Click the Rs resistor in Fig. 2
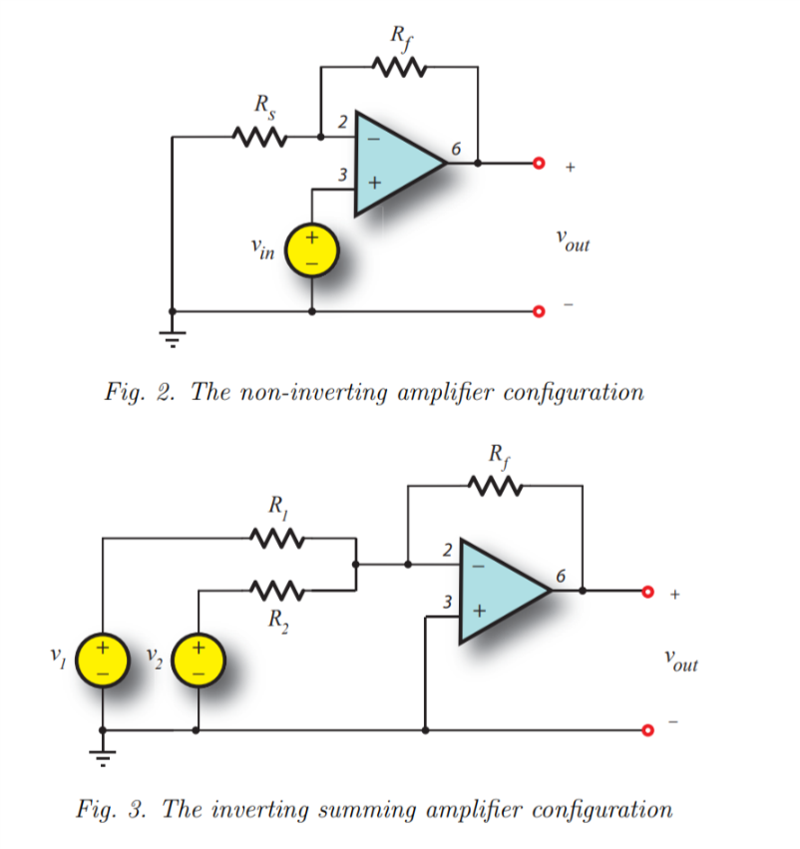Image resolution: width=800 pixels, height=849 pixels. (260, 136)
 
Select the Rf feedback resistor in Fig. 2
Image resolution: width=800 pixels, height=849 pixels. (399, 68)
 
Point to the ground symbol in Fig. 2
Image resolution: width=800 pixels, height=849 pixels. (173, 333)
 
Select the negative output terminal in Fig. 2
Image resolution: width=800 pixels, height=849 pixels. (540, 311)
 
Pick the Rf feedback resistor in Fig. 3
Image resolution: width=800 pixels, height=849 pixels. (494, 487)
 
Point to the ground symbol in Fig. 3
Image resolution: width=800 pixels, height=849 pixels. (104, 750)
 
